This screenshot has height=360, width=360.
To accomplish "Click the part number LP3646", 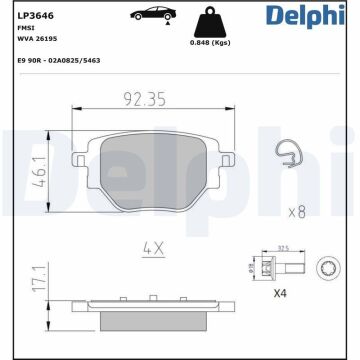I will [30, 14].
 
